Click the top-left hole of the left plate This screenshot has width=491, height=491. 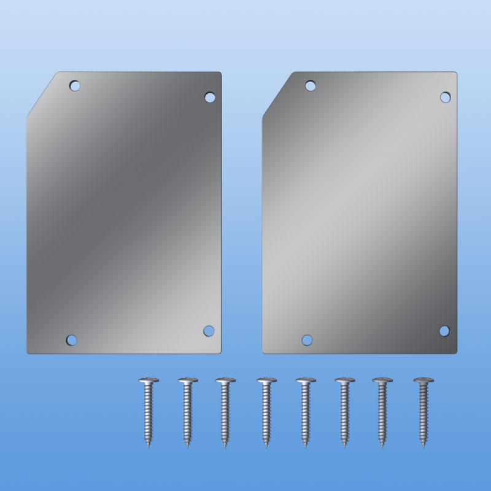tap(75, 85)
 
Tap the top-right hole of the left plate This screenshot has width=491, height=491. tap(210, 97)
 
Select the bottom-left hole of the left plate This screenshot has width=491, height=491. tap(72, 339)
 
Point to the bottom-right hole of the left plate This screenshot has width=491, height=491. tap(209, 331)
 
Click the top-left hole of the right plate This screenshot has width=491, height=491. tap(311, 85)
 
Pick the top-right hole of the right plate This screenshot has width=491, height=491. tap(446, 97)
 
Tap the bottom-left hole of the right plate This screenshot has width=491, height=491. tap(307, 339)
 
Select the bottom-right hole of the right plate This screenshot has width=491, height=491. tap(444, 331)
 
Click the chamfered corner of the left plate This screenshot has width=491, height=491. tap(42, 94)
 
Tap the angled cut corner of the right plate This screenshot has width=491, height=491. tap(277, 94)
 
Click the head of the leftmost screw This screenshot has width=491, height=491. tap(149, 381)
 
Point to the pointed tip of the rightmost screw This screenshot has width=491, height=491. tap(423, 446)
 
